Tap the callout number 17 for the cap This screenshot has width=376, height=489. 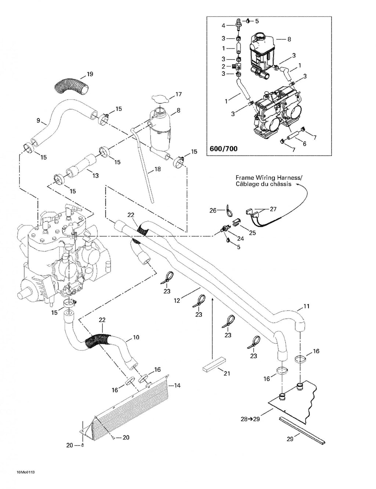(x=178, y=94)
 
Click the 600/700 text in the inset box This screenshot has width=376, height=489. (x=223, y=149)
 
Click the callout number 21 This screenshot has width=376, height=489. (x=227, y=373)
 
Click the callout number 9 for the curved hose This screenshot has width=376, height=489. (x=39, y=121)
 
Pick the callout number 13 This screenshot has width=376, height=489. (x=95, y=175)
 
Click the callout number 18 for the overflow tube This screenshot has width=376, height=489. (x=158, y=169)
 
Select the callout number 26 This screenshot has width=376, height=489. (x=213, y=210)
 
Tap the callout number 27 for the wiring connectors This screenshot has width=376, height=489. (x=273, y=209)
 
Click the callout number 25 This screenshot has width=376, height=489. (x=252, y=233)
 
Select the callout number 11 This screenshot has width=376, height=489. (x=306, y=306)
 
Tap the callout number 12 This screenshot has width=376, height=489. (x=177, y=300)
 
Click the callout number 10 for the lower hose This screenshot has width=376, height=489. (x=136, y=337)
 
